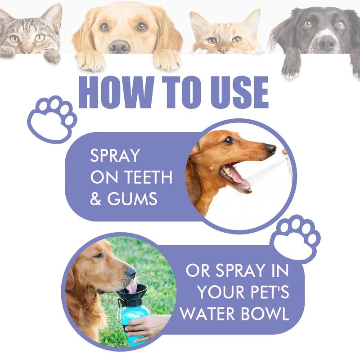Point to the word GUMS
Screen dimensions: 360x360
132,199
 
